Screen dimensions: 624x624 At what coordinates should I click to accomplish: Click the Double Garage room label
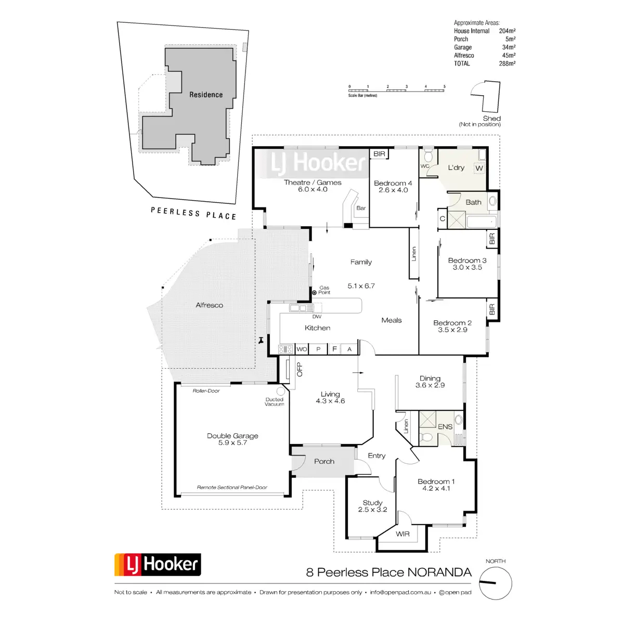[x=232, y=436]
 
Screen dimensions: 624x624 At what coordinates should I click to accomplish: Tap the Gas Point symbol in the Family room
[x=314, y=293]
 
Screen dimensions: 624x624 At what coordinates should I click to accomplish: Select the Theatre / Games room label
[x=313, y=183]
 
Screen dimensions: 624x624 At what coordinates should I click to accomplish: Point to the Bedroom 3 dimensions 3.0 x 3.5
[x=467, y=267]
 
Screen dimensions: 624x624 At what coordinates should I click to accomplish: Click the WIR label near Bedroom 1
[x=402, y=534]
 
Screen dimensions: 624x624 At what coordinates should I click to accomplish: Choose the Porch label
[x=324, y=461]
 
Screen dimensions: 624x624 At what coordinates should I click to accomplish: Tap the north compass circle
[x=495, y=583]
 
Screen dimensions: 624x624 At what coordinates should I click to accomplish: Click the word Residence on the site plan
[x=206, y=95]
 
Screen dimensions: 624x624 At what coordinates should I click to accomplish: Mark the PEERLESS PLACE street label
[x=193, y=213]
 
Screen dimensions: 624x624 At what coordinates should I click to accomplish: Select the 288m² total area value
[x=507, y=63]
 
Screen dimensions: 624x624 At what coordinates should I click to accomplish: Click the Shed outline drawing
[x=488, y=96]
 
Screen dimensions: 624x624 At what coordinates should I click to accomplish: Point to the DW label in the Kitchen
[x=317, y=316]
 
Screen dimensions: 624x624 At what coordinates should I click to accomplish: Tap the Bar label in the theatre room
[x=361, y=208]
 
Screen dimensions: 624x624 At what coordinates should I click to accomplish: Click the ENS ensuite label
[x=445, y=427]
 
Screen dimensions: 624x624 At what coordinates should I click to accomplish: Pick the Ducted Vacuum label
[x=275, y=402]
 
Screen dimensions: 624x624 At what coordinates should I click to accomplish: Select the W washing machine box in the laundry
[x=479, y=168]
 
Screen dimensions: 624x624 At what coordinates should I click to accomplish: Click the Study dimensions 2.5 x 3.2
[x=372, y=510]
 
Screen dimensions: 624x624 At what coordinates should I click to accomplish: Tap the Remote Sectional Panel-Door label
[x=232, y=487]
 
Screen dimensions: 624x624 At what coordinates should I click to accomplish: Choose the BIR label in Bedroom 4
[x=380, y=154]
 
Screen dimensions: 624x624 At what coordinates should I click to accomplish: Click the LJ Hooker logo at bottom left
[x=158, y=565]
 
